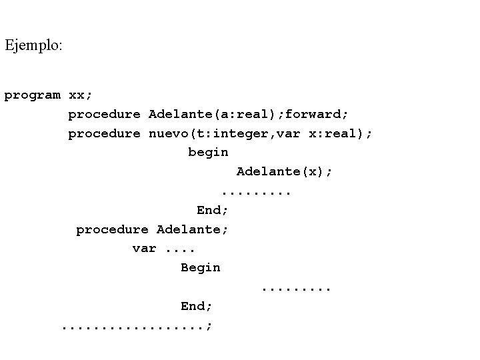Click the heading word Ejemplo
tap(33, 46)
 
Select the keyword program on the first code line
tap(32, 95)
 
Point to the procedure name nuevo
tap(168, 133)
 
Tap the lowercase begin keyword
tap(208, 153)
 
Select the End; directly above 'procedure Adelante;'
tap(213, 210)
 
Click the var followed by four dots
tap(144, 249)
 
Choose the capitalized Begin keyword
tap(200, 267)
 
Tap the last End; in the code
tap(197, 306)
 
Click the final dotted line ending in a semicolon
tap(137, 327)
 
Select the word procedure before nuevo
tap(104, 133)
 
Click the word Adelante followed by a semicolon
tap(193, 229)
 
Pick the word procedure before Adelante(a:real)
tap(104, 114)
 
